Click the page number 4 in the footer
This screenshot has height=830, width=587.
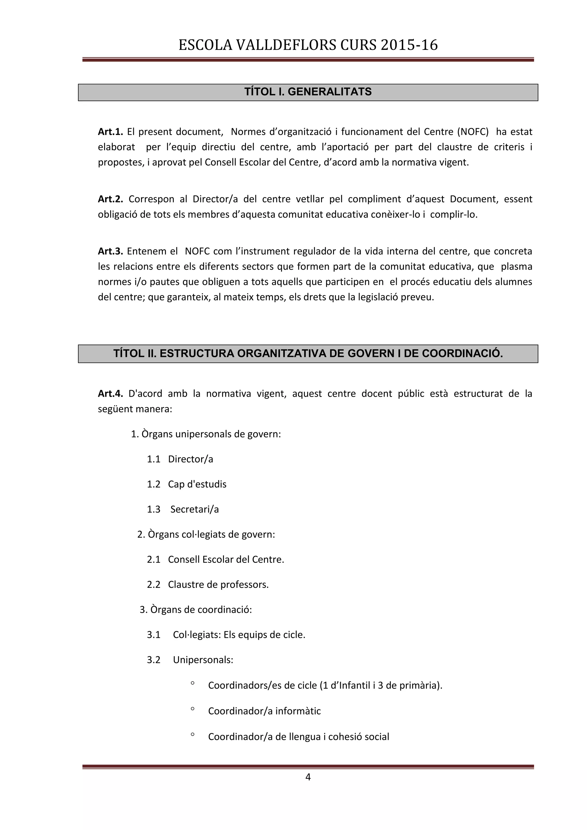(308, 777)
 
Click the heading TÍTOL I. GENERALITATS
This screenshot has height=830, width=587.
(308, 92)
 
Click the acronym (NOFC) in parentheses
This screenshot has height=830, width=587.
(472, 132)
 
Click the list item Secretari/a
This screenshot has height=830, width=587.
(194, 509)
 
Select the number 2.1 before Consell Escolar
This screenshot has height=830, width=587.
(153, 560)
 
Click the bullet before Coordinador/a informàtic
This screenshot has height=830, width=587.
(193, 709)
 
